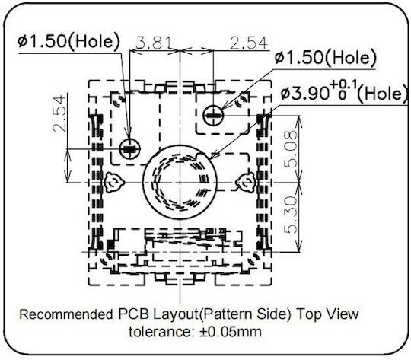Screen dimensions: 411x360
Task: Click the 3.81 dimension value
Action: (154, 43)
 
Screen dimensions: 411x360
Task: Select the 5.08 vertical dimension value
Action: (292, 149)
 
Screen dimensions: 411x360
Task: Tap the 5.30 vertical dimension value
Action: (292, 215)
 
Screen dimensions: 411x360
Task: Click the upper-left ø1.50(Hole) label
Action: (68, 41)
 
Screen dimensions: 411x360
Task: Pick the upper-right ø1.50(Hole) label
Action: (325, 57)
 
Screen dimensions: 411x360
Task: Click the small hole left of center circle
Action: (129, 148)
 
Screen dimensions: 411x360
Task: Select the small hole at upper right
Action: (214, 115)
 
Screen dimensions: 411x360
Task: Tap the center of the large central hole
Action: (180, 182)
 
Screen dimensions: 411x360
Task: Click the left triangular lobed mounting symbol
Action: (114, 182)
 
